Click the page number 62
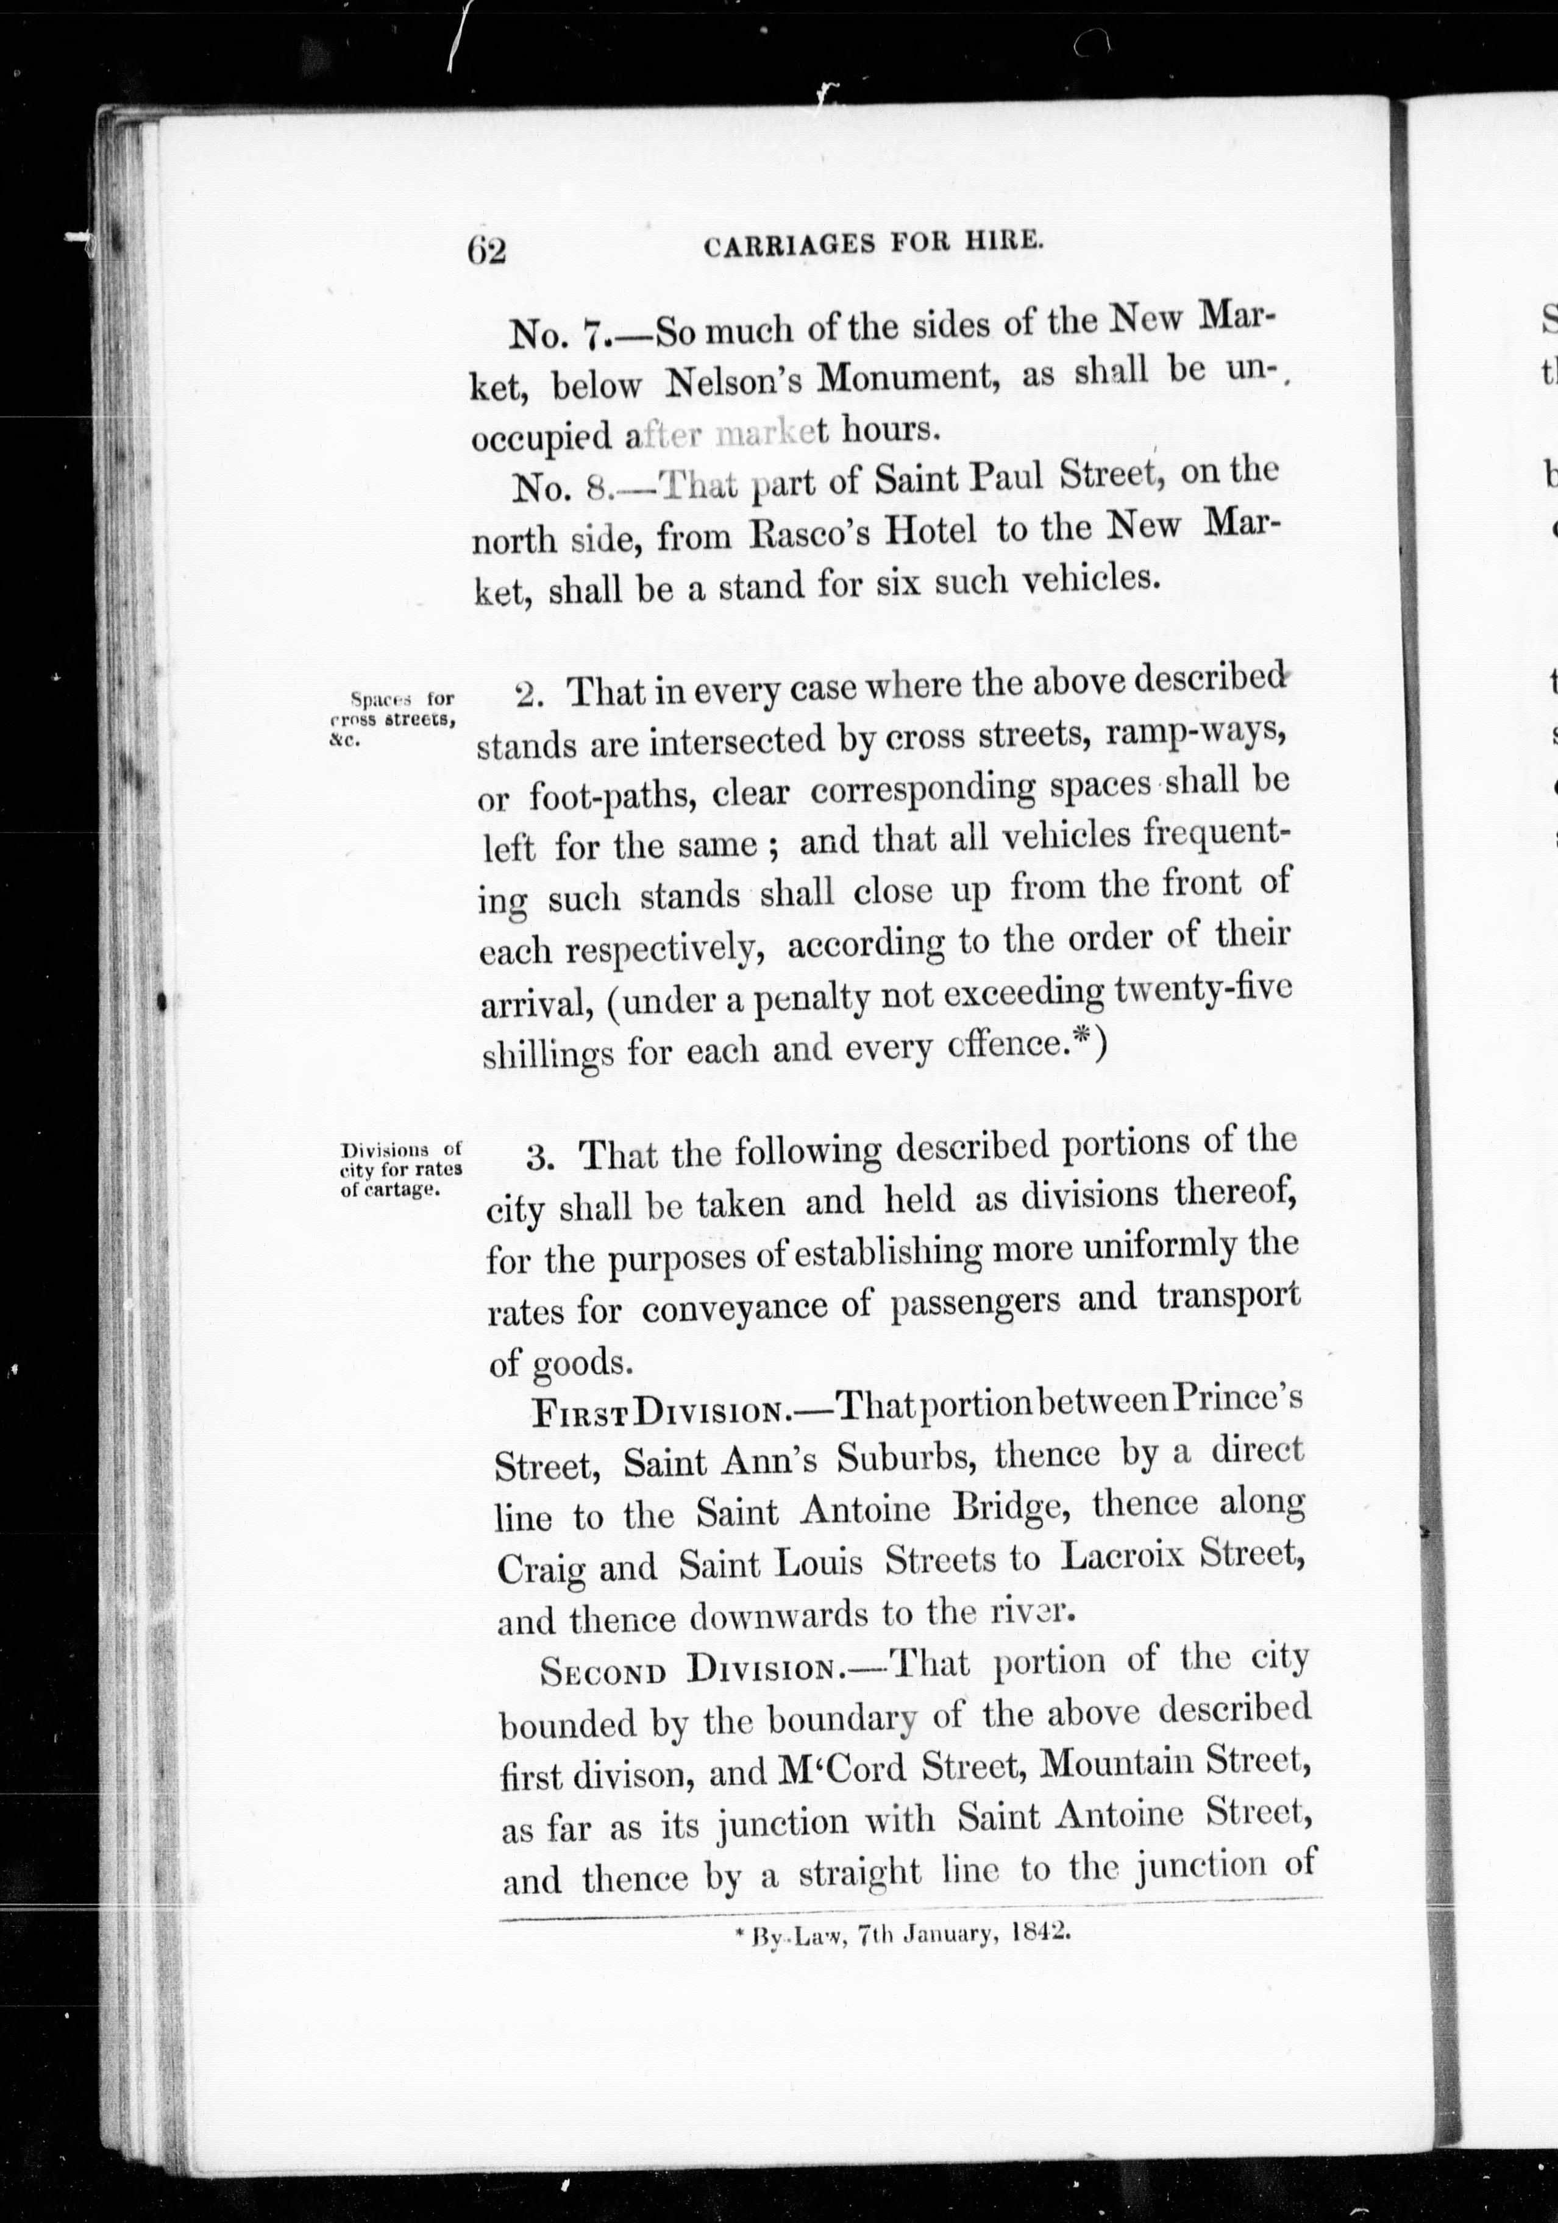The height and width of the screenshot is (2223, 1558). tap(487, 251)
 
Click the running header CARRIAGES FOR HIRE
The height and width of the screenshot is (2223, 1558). tap(874, 246)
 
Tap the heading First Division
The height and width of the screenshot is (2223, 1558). tap(658, 1409)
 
